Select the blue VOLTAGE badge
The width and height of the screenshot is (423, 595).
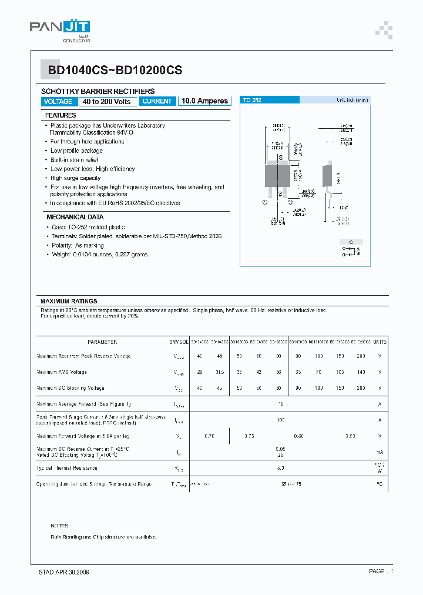tap(58, 101)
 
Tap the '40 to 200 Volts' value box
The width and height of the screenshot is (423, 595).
tap(108, 101)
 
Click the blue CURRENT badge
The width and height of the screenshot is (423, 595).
tap(157, 101)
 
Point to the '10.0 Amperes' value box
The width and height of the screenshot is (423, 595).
tap(204, 101)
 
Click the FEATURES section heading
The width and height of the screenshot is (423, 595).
tap(61, 115)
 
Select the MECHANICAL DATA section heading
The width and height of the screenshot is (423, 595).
tap(67, 217)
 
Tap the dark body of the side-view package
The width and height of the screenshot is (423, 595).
tap(326, 176)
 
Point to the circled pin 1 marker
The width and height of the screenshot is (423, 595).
tap(264, 202)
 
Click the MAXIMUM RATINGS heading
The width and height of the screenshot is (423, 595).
tap(69, 301)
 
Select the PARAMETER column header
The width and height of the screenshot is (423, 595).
tap(102, 342)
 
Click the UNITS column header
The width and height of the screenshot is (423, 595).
tap(380, 342)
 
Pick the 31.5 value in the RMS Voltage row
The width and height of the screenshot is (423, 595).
tap(219, 372)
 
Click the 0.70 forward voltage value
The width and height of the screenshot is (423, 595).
tap(209, 436)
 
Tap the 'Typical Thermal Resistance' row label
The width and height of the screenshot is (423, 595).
tap(67, 468)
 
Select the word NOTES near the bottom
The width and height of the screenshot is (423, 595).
tap(60, 526)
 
